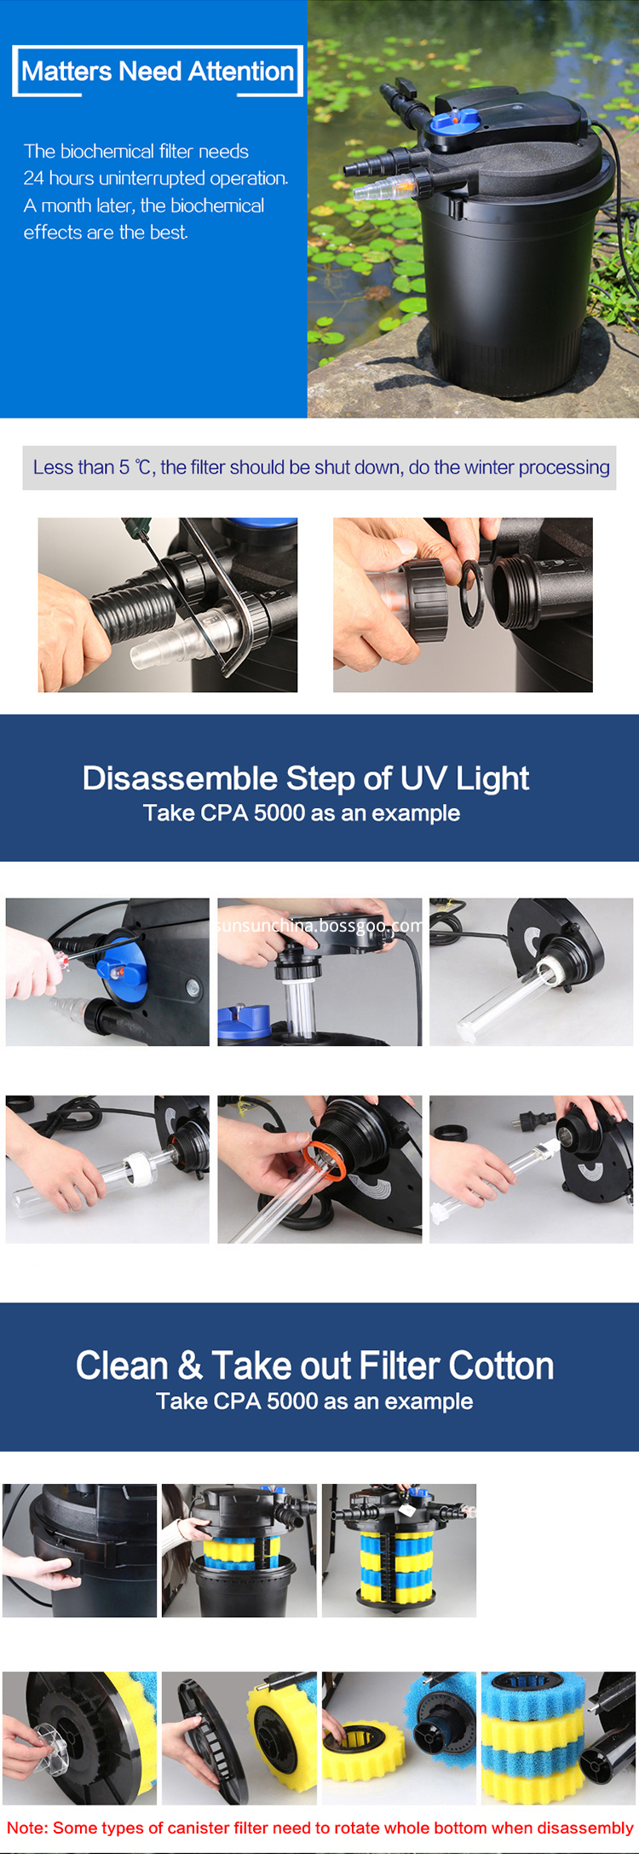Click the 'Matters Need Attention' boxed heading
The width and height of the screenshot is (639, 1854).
[x=158, y=72]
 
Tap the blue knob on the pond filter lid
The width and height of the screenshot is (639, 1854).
[x=457, y=122]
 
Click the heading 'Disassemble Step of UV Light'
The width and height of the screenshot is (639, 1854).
[x=305, y=778]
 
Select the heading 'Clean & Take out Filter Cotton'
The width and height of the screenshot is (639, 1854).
[x=314, y=1366]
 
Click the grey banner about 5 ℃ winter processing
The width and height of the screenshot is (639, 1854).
[x=319, y=467]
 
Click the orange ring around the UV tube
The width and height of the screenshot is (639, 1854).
[x=325, y=1160]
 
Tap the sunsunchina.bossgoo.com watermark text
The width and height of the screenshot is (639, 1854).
[x=319, y=926]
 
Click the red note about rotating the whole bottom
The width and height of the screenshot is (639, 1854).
[x=319, y=1828]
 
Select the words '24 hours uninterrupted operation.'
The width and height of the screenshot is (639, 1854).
[x=156, y=178]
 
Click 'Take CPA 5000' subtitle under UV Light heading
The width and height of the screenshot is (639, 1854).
[x=302, y=813]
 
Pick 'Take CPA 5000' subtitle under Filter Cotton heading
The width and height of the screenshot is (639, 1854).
[x=314, y=1401]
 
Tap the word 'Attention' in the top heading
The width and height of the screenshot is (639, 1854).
[x=241, y=72]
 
